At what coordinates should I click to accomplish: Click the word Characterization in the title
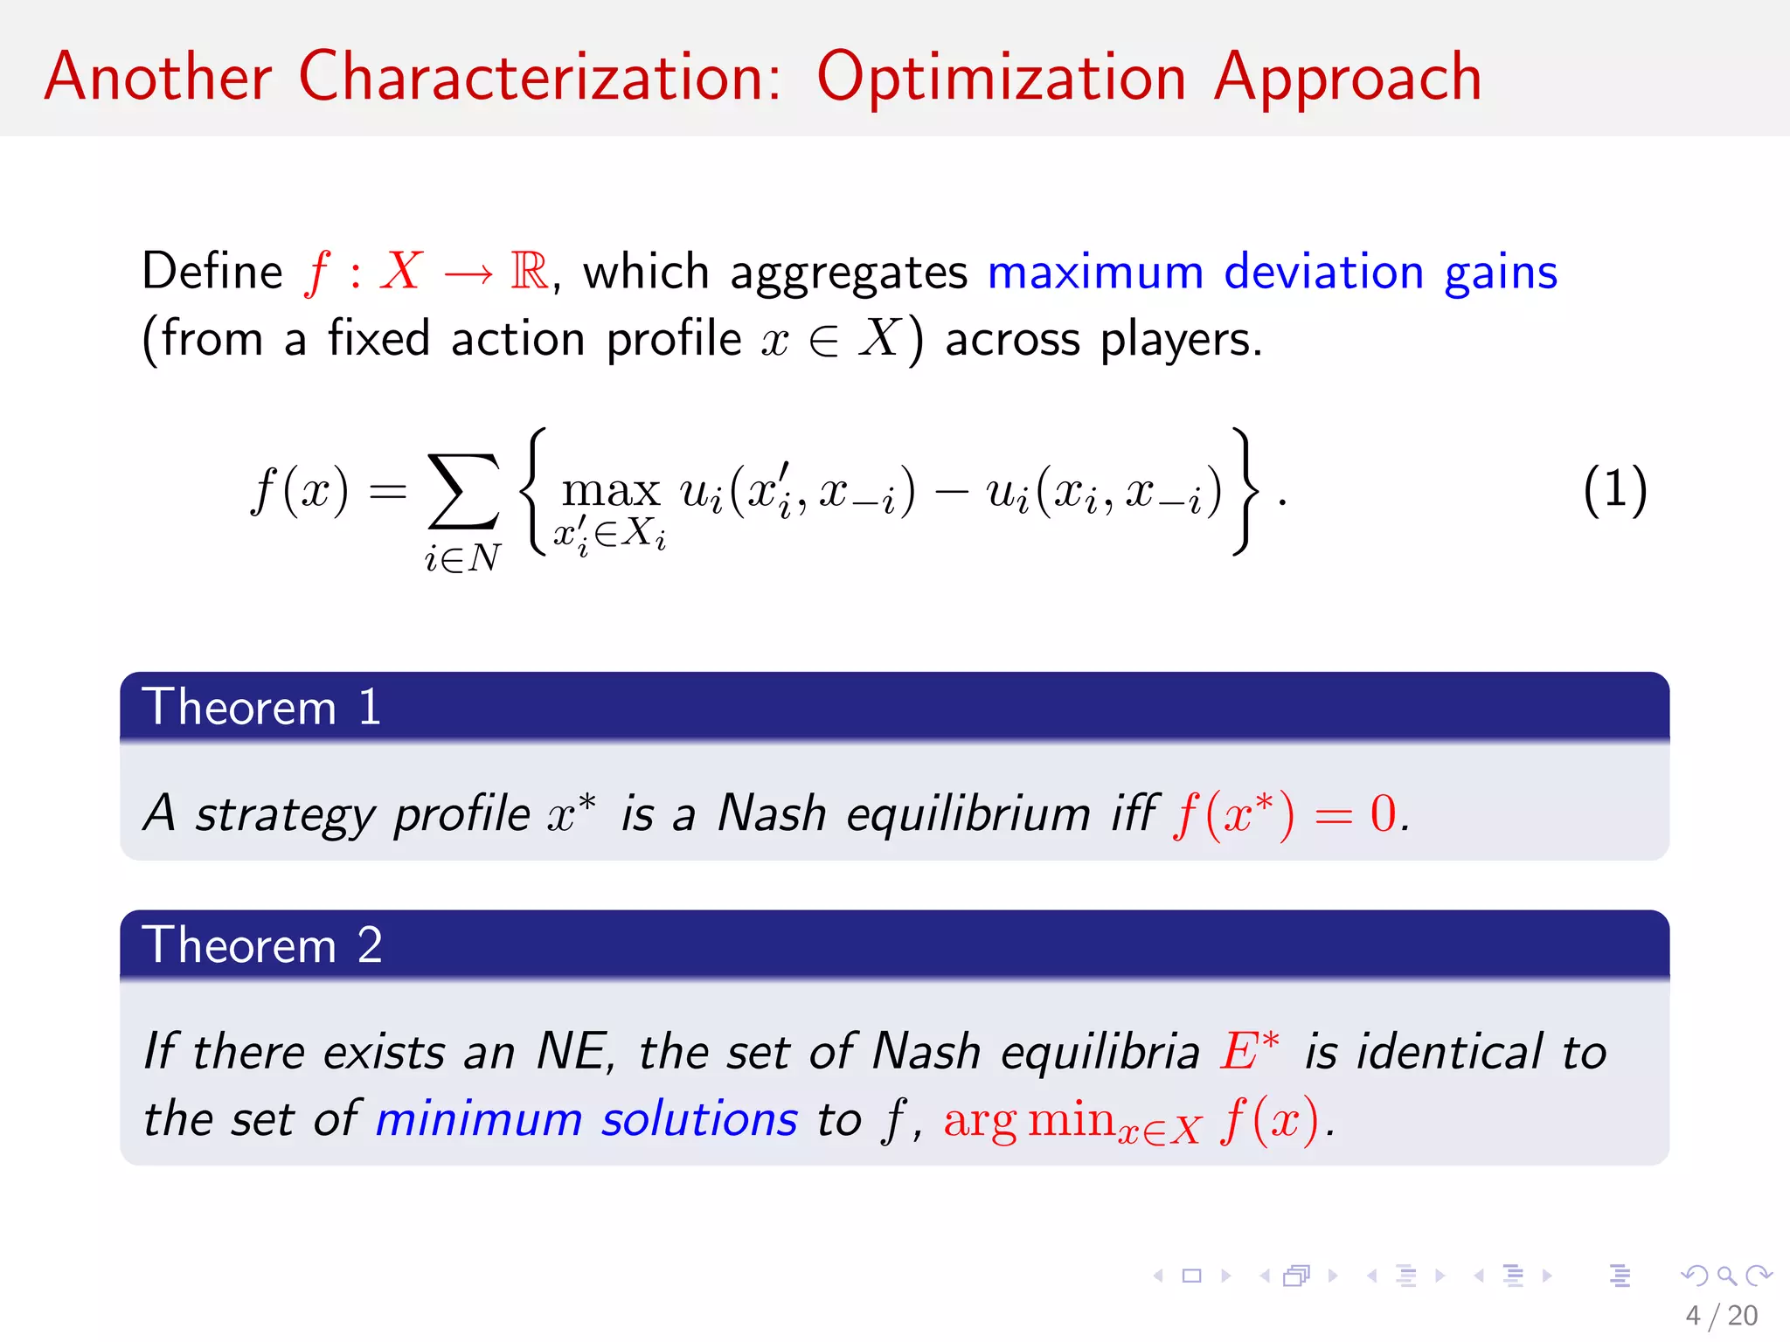pyautogui.click(x=539, y=77)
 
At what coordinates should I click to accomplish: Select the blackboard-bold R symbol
pyautogui.click(x=530, y=271)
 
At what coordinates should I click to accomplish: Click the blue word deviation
pyautogui.click(x=1323, y=272)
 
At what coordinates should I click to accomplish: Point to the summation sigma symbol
pyautogui.click(x=463, y=491)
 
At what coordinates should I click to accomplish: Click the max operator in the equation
pyautogui.click(x=610, y=490)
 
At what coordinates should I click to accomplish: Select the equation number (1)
pyautogui.click(x=1614, y=490)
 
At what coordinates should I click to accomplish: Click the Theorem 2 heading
pyautogui.click(x=262, y=944)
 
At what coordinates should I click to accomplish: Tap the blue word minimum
pyautogui.click(x=478, y=1119)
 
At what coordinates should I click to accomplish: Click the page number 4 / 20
pyautogui.click(x=1721, y=1315)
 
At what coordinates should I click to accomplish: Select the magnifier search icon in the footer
pyautogui.click(x=1726, y=1276)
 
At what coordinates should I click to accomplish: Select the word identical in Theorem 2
pyautogui.click(x=1448, y=1051)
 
